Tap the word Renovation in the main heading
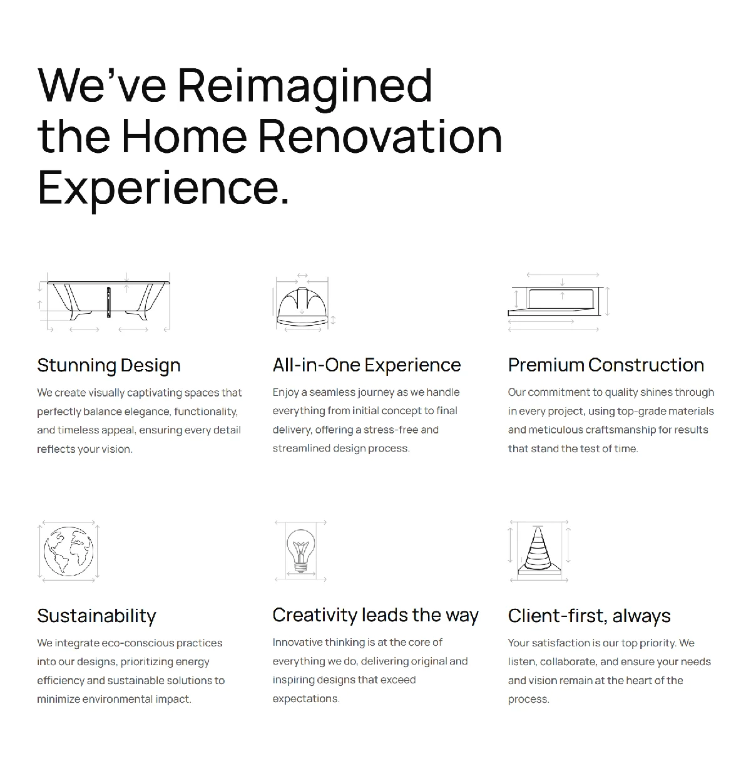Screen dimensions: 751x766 coord(381,136)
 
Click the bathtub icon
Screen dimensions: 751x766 coord(104,302)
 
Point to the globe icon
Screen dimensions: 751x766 coord(68,551)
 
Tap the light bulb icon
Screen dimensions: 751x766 coord(301,551)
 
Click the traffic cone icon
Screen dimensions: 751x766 coord(539,551)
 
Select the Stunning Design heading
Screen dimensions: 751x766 coord(109,366)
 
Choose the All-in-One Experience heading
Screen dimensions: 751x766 coord(367,365)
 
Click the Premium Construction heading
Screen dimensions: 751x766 coord(606,365)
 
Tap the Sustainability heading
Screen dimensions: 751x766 coord(97,616)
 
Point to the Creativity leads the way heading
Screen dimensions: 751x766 coord(375,615)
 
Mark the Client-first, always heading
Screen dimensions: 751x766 coord(590,616)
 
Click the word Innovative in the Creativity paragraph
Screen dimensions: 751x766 coord(297,643)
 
